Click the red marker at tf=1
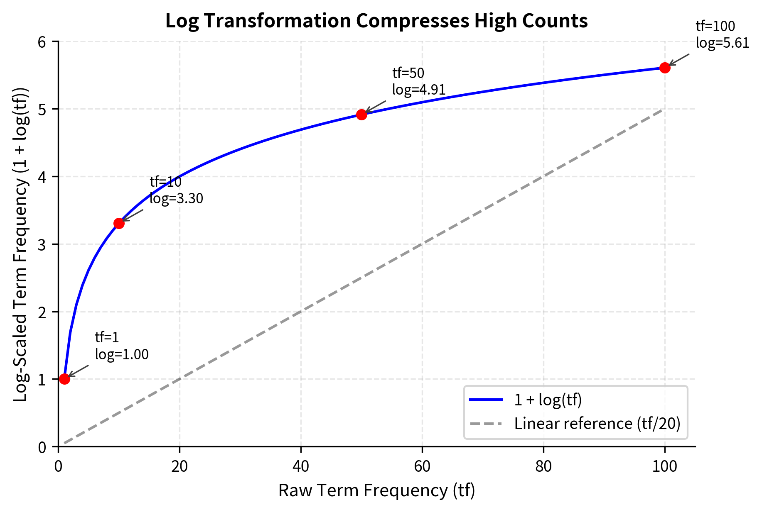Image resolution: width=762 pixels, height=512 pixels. click(x=64, y=379)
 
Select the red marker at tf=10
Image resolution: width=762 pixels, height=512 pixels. click(x=119, y=223)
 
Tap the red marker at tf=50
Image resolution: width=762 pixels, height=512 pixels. click(x=361, y=115)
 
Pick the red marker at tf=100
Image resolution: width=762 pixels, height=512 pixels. click(x=665, y=68)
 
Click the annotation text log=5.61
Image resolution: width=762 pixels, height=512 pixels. click(x=722, y=43)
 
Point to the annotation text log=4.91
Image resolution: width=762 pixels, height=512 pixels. click(x=418, y=90)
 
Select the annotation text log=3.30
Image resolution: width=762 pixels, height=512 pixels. click(x=176, y=199)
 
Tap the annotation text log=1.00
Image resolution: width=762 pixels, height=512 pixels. click(x=122, y=355)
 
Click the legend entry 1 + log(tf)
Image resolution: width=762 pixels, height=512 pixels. click(x=548, y=400)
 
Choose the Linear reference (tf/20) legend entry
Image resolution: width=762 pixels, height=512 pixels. click(x=597, y=424)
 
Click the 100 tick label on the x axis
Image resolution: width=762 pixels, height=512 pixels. click(x=665, y=466)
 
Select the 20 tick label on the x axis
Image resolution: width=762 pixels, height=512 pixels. click(x=179, y=466)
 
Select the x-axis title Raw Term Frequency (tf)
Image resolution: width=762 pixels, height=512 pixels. click(x=376, y=490)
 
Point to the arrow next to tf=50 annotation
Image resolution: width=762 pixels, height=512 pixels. click(x=376, y=107)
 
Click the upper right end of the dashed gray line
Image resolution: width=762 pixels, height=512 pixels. click(x=661, y=110)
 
